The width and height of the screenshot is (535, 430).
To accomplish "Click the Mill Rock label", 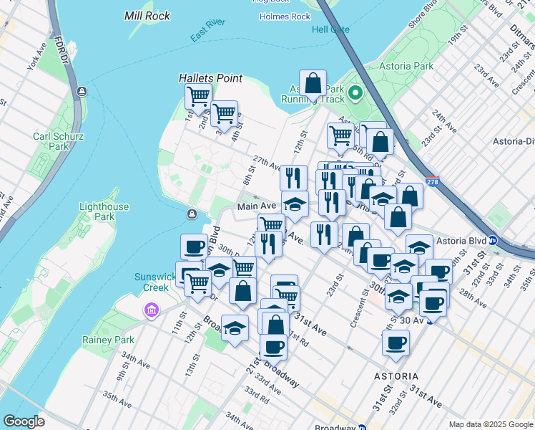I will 147,15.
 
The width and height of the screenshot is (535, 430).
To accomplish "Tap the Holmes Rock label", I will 285,16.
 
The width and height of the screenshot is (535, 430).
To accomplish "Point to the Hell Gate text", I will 330,29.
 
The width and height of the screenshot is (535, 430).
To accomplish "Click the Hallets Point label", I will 210,78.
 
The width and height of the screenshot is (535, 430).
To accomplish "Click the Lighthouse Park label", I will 104,211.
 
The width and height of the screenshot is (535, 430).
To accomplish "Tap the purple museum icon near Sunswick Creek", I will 151,310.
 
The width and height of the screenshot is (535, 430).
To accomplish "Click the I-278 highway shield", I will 432,183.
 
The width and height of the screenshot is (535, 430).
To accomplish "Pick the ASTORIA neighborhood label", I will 396,376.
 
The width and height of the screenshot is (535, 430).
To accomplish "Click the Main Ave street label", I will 257,206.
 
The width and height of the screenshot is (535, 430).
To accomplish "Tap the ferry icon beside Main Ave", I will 192,215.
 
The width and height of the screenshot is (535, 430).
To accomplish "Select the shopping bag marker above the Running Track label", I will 313,85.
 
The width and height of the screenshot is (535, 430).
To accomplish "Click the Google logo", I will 24,421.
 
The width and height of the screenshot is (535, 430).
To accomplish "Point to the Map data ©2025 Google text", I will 490,424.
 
